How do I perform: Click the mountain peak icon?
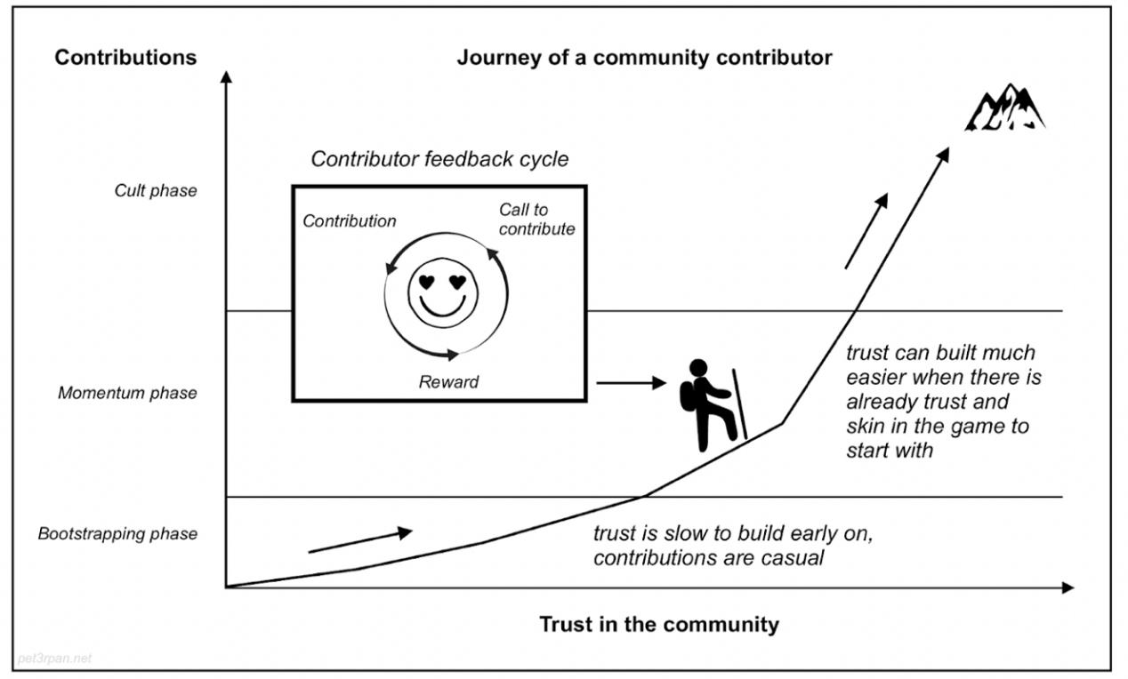click(x=1005, y=108)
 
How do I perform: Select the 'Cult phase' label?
click(x=156, y=190)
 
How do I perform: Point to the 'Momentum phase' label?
click(x=127, y=392)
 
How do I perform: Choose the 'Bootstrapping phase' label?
click(x=117, y=534)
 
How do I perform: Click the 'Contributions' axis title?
click(x=125, y=58)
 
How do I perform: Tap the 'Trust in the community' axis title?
click(x=658, y=624)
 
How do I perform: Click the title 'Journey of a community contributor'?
click(x=644, y=58)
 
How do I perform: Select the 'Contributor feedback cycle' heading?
click(x=439, y=159)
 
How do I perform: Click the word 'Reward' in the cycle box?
click(x=448, y=382)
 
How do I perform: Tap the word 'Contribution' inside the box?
click(x=350, y=221)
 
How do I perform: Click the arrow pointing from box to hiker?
click(x=630, y=383)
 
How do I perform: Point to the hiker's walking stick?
click(x=738, y=403)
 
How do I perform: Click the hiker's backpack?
click(x=688, y=397)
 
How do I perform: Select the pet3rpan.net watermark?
click(x=54, y=659)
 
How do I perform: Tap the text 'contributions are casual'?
click(x=708, y=558)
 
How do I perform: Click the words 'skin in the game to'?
click(x=938, y=426)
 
